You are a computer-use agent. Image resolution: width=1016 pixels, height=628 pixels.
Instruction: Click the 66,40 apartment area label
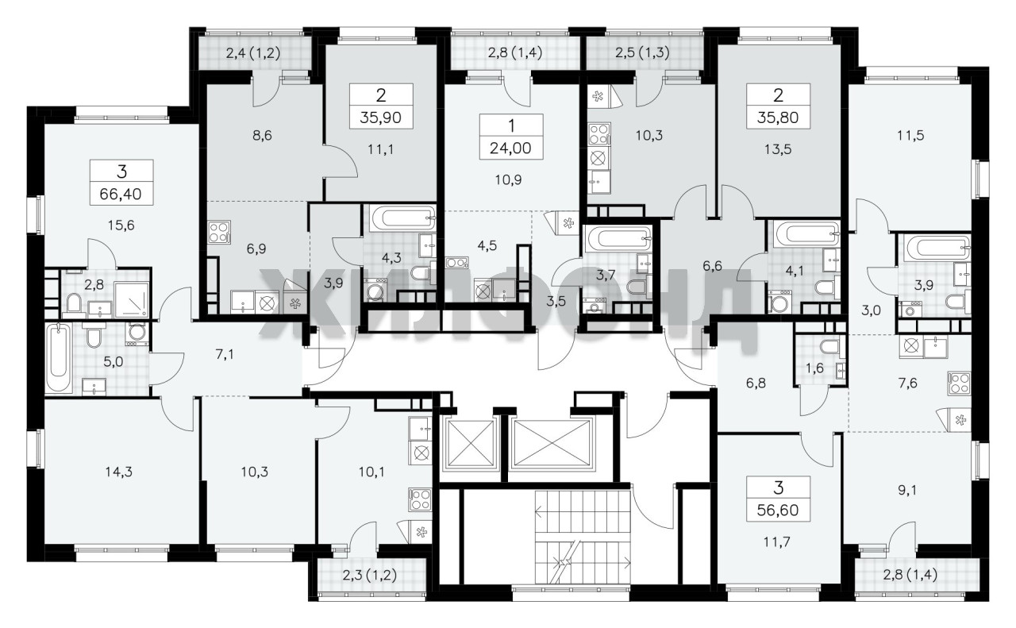pos(121,195)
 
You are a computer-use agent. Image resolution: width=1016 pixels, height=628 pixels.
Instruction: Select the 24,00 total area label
pos(510,148)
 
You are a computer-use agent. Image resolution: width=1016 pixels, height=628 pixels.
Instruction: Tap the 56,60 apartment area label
pos(778,510)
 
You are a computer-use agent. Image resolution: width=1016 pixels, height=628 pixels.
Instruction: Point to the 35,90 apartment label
pos(380,118)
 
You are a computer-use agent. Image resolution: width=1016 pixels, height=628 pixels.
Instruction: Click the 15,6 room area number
pos(121,225)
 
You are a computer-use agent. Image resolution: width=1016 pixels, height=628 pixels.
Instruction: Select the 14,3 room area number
pos(119,472)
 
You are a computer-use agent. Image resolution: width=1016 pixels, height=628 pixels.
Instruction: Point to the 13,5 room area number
pos(778,148)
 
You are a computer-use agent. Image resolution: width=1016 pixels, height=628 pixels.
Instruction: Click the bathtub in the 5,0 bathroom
pos(59,357)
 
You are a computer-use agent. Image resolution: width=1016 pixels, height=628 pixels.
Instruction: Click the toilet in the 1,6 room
pos(829,348)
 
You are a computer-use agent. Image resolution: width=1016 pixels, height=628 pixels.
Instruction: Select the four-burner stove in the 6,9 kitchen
pos(219,231)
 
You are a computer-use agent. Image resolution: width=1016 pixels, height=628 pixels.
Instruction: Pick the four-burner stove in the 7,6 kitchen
pos(959,383)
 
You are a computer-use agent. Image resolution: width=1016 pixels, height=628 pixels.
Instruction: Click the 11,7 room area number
pos(778,541)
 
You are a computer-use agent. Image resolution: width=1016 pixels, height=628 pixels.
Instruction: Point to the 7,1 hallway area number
pos(225,354)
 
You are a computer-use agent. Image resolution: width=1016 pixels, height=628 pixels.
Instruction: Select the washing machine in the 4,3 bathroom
pos(375,291)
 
